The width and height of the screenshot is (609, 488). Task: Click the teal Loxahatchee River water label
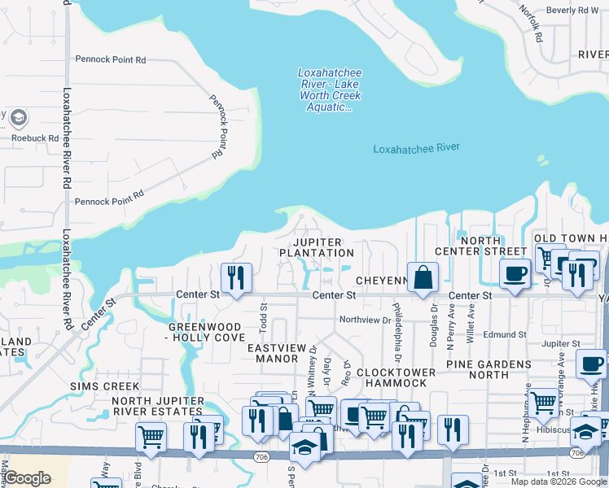click(416, 148)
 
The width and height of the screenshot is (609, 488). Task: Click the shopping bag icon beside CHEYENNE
click(423, 278)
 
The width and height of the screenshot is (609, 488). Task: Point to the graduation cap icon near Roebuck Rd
click(17, 119)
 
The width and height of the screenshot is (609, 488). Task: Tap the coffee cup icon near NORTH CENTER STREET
click(514, 274)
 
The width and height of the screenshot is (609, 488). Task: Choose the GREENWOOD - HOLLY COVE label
click(207, 332)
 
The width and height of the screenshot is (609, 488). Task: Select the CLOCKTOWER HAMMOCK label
click(391, 377)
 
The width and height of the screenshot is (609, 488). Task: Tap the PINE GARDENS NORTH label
click(488, 368)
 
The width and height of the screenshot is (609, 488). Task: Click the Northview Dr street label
click(365, 320)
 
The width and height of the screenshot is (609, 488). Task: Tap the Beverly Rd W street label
click(572, 11)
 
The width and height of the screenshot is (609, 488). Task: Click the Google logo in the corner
click(28, 478)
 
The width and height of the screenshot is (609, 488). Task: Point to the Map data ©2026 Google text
click(558, 481)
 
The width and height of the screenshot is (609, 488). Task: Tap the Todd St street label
click(263, 312)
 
